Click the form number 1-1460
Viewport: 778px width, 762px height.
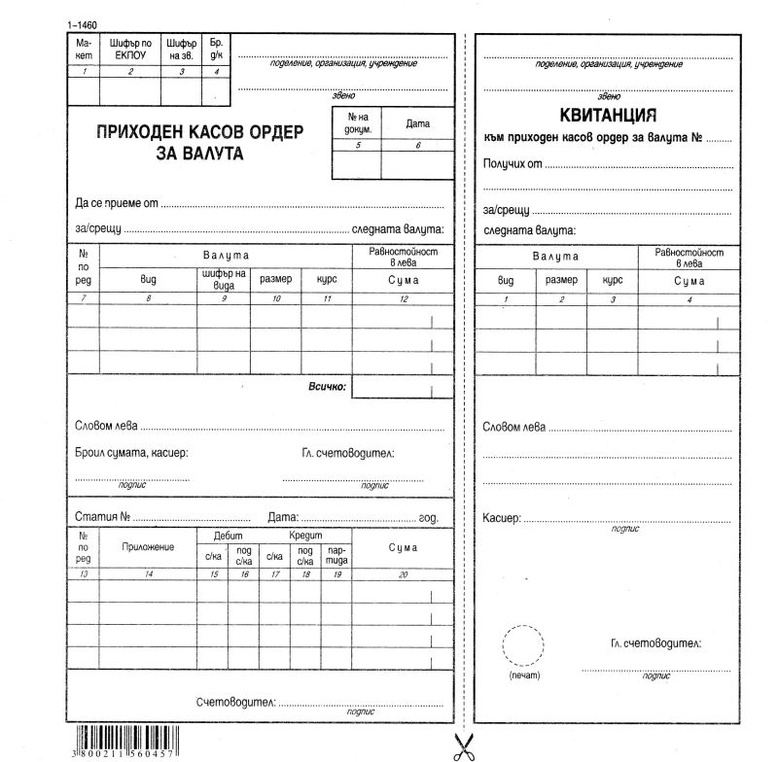[x=84, y=23]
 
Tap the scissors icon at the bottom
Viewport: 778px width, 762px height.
[x=463, y=745]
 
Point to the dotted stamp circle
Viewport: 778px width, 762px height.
[x=522, y=644]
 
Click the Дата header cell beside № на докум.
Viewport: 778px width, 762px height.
[x=417, y=124]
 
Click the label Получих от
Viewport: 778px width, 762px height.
[x=513, y=163]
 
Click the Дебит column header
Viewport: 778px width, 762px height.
[x=228, y=536]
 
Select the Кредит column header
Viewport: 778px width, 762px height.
[x=304, y=536]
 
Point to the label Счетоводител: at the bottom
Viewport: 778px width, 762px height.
[x=235, y=702]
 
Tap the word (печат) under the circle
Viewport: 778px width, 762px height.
[x=524, y=675]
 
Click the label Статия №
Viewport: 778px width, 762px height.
[x=102, y=516]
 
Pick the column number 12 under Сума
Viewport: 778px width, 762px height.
[x=403, y=298]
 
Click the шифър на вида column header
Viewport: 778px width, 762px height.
[x=224, y=279]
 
